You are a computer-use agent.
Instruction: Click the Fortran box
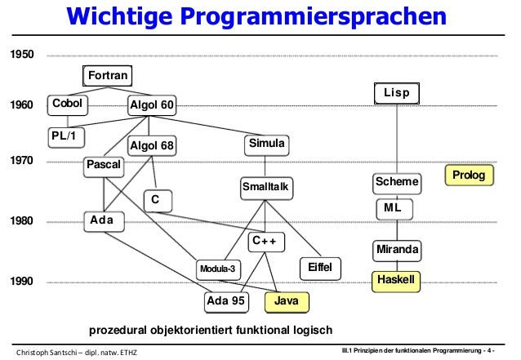pyautogui.click(x=108, y=76)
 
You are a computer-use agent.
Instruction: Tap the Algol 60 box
pyautogui.click(x=152, y=105)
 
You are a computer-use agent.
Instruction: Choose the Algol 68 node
pyautogui.click(x=152, y=146)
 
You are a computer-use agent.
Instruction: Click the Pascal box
pyautogui.click(x=104, y=166)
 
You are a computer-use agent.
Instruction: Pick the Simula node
pyautogui.click(x=266, y=144)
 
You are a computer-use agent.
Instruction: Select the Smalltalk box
pyautogui.click(x=266, y=188)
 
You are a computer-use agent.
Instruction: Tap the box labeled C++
pyautogui.click(x=266, y=242)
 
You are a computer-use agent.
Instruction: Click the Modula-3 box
pyautogui.click(x=218, y=269)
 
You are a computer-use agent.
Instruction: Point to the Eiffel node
pyautogui.click(x=322, y=268)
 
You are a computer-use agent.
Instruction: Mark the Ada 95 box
pyautogui.click(x=226, y=301)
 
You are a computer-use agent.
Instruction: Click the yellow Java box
pyautogui.click(x=287, y=301)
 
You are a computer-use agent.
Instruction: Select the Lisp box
pyautogui.click(x=396, y=94)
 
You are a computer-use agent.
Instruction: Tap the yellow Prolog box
pyautogui.click(x=469, y=175)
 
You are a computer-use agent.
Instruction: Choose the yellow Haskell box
pyautogui.click(x=397, y=280)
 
